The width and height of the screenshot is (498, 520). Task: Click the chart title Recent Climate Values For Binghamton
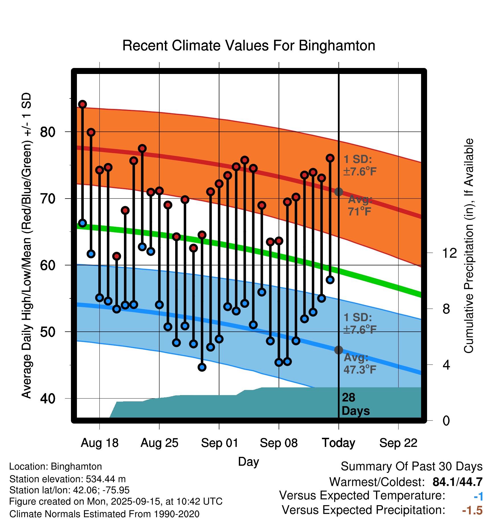tap(249, 46)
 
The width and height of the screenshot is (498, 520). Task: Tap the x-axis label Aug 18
tap(99, 443)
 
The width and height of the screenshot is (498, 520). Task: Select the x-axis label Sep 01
tap(219, 443)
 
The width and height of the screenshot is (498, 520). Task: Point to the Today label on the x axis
tap(338, 443)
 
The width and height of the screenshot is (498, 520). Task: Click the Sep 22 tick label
tap(398, 443)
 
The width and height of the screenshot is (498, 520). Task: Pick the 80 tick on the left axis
tap(48, 132)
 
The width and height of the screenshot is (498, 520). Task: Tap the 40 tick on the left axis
tap(48, 399)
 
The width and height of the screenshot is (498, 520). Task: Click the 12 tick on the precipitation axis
tap(449, 253)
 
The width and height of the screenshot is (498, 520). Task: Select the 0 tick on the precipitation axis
tap(446, 420)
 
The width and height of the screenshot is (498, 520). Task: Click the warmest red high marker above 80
tap(83, 104)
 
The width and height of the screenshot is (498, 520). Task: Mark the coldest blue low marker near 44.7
tap(202, 367)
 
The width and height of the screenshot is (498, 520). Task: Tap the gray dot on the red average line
tap(338, 192)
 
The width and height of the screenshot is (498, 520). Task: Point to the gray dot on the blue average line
tap(338, 350)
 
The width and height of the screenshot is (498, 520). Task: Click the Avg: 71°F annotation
tap(360, 205)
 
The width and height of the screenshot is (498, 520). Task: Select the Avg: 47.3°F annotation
tap(360, 364)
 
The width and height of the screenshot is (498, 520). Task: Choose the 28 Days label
tap(355, 404)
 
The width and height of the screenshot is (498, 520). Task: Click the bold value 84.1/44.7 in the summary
tap(457, 482)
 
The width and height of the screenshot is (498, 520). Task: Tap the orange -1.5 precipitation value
tap(472, 510)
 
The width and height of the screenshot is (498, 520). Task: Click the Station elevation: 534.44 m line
tap(68, 479)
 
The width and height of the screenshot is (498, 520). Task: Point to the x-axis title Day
tap(248, 461)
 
